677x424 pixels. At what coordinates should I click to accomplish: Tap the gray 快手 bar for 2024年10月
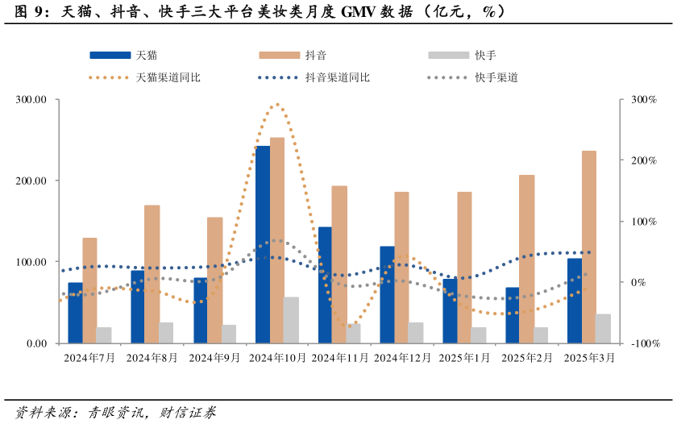pos(291,320)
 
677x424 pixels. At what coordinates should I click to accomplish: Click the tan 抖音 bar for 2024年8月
pos(152,274)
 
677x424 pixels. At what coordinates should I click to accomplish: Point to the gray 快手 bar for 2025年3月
pos(603,329)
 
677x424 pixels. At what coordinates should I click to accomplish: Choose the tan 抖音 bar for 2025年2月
pos(526,259)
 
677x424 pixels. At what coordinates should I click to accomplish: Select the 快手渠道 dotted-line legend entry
pos(472,78)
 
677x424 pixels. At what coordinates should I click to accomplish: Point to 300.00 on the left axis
pos(31,100)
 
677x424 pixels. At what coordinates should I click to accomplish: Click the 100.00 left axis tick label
pos(31,262)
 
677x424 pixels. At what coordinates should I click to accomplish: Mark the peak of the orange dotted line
pos(277,104)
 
